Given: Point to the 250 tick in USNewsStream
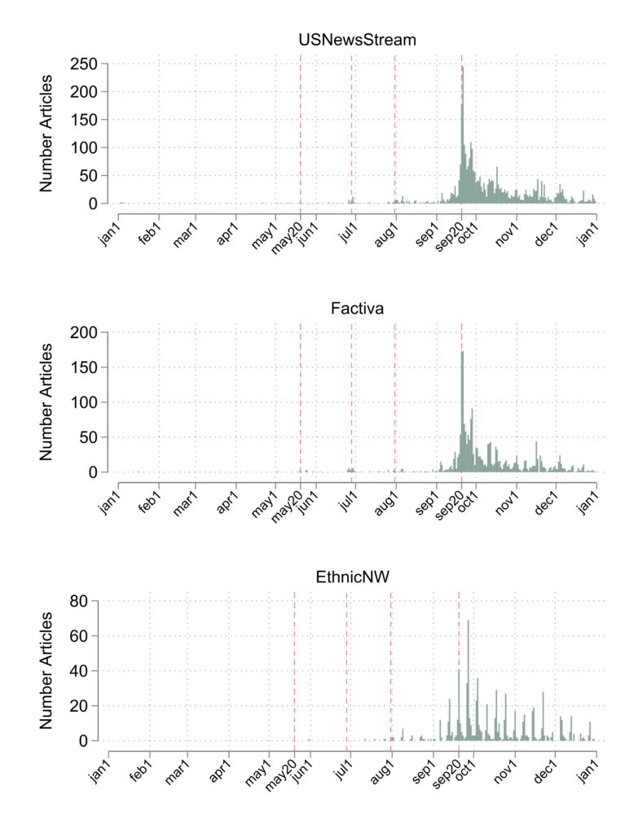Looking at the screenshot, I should pyautogui.click(x=84, y=64).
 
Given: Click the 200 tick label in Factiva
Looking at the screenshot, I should pyautogui.click(x=84, y=332).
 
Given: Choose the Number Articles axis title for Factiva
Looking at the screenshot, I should pyautogui.click(x=46, y=402).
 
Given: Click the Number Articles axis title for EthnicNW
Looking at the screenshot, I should pyautogui.click(x=46, y=670).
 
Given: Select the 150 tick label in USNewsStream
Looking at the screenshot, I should pyautogui.click(x=84, y=120).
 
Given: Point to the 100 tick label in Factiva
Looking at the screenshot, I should pyautogui.click(x=84, y=402).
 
